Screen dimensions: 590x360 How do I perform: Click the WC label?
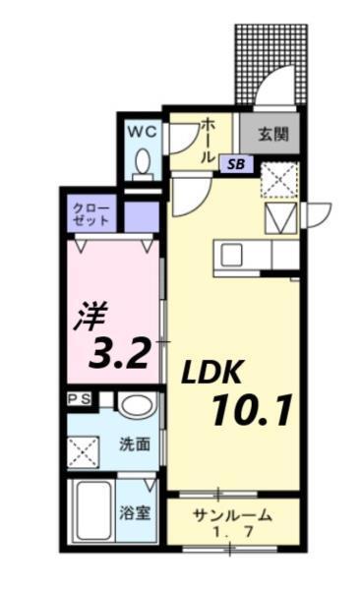pyautogui.click(x=140, y=130)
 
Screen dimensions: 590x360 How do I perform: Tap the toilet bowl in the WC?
pyautogui.click(x=142, y=161)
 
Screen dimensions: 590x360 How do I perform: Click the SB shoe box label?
pyautogui.click(x=237, y=164)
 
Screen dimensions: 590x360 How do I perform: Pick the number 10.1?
pyautogui.click(x=250, y=408)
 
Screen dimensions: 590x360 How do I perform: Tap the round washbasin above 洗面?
pyautogui.click(x=136, y=405)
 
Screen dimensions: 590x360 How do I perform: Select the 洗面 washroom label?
pyautogui.click(x=136, y=444)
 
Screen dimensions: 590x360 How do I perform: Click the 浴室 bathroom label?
pyautogui.click(x=136, y=512)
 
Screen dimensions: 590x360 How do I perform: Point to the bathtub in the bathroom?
pyautogui.click(x=89, y=511)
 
